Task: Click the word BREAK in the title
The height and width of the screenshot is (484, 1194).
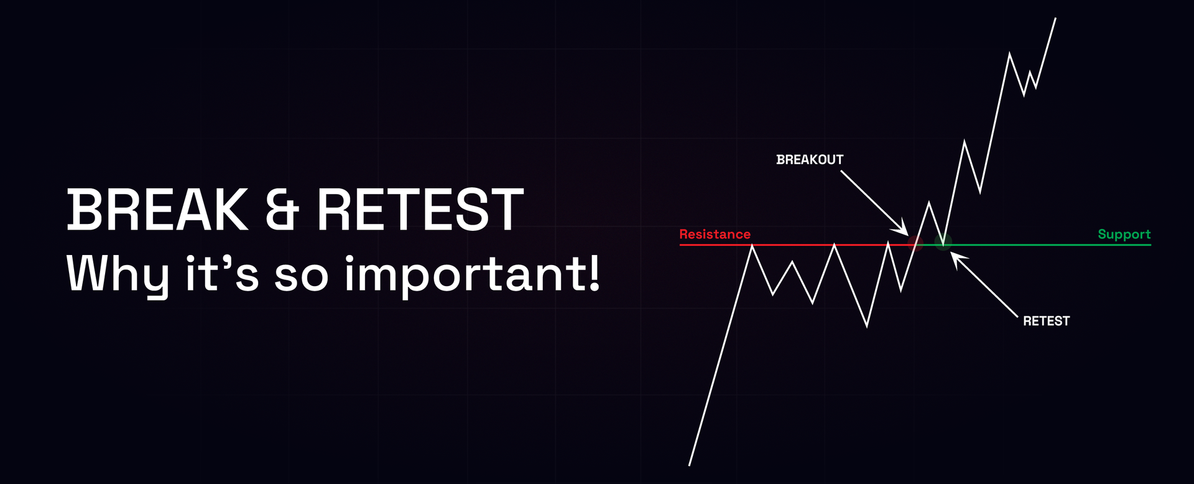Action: click(157, 210)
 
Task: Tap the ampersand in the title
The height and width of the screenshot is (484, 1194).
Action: click(282, 210)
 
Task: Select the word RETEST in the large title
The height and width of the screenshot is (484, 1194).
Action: click(420, 210)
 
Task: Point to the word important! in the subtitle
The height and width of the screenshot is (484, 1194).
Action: click(473, 274)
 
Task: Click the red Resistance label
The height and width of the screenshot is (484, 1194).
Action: click(715, 235)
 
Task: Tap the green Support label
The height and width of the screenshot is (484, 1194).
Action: click(1124, 235)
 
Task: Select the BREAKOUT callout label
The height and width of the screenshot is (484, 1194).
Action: click(810, 160)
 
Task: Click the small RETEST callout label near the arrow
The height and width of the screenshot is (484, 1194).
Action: click(1046, 321)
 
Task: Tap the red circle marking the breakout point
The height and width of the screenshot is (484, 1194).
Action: click(915, 243)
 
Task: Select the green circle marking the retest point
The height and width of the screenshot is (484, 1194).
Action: click(943, 242)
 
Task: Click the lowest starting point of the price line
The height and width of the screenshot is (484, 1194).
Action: click(690, 464)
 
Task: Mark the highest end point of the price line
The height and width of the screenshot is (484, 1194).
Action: click(1055, 19)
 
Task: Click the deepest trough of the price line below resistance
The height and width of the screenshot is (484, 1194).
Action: click(867, 325)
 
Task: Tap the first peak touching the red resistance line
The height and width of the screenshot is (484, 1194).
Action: click(752, 246)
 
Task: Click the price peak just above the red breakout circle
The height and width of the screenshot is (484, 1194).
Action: click(929, 203)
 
